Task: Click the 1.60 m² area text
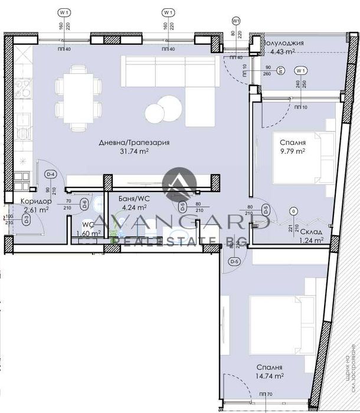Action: click(89, 233)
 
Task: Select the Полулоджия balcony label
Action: click(284, 43)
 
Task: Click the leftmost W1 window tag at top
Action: click(64, 12)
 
